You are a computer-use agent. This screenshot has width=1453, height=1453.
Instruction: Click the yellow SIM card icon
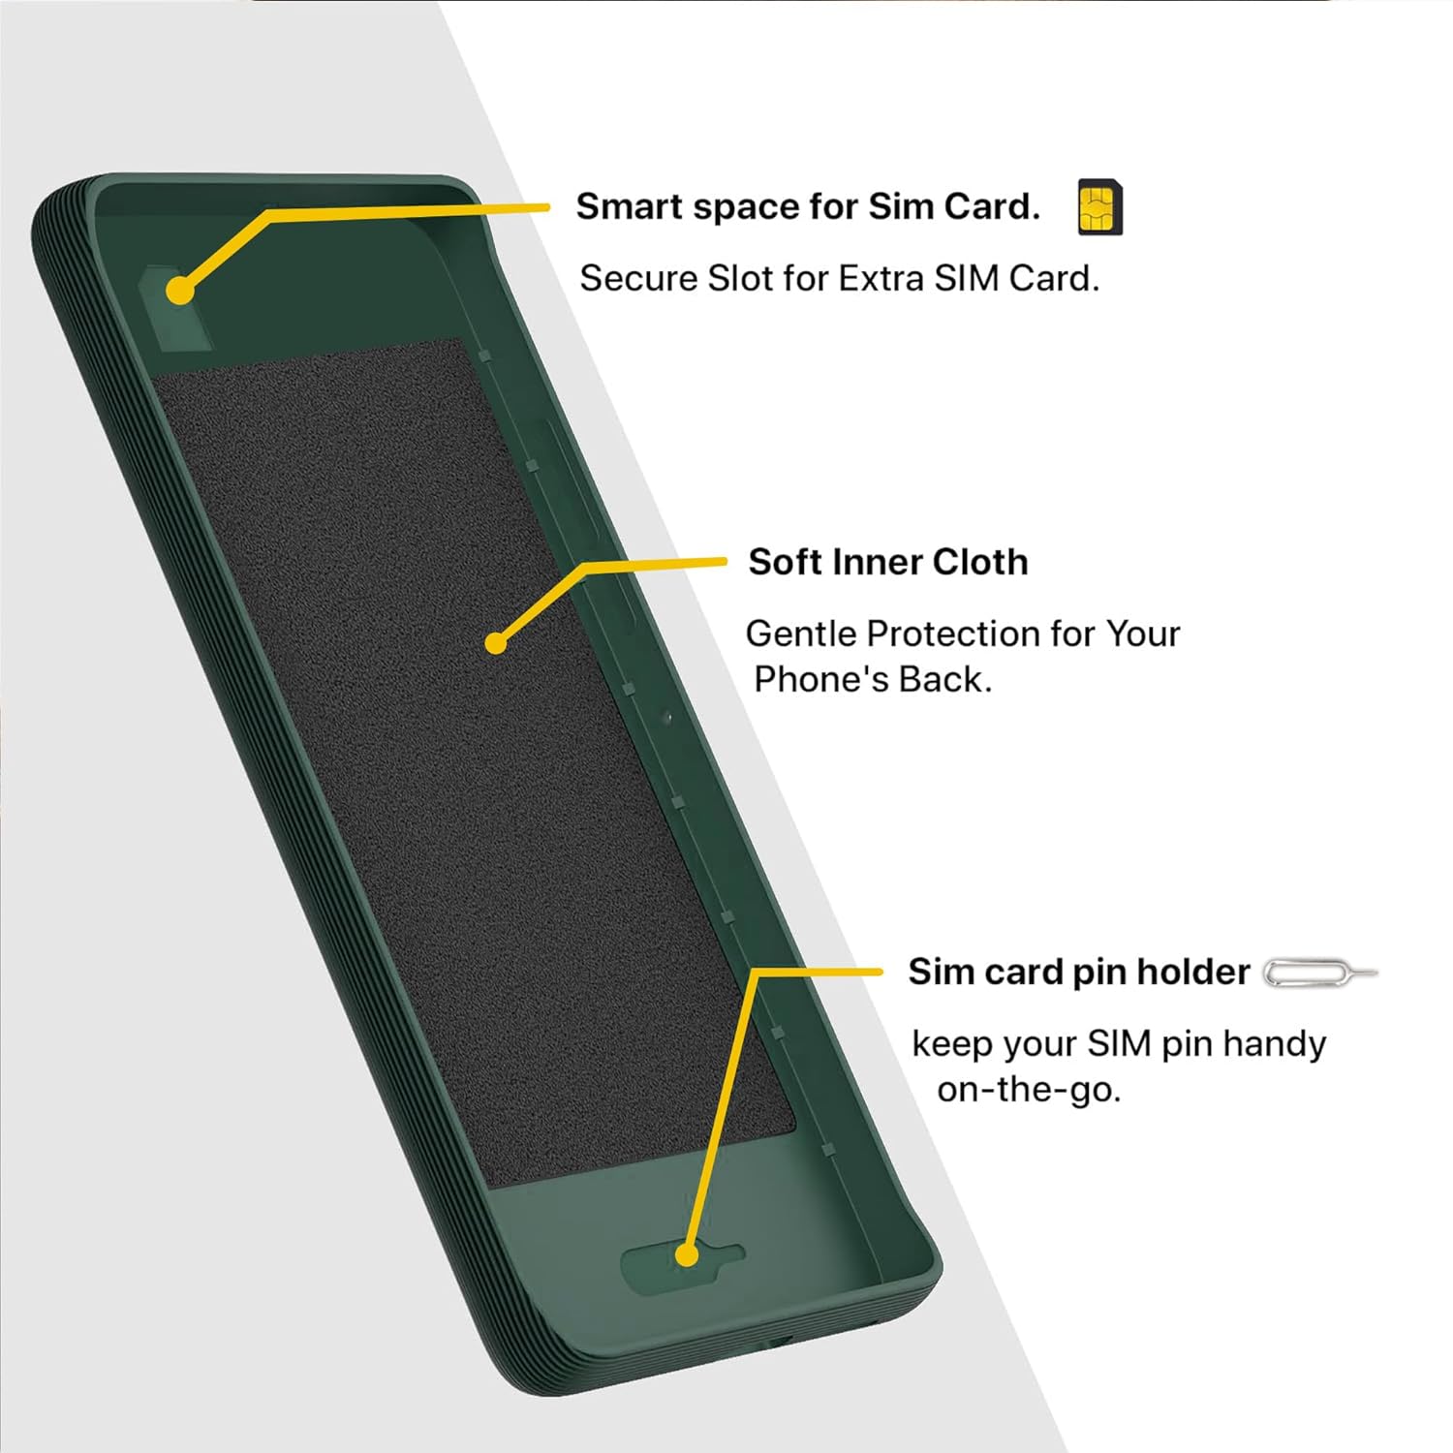tap(1099, 207)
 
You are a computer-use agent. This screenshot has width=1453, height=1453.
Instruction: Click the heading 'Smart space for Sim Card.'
tap(808, 206)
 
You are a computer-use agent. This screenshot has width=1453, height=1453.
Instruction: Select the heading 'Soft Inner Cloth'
tap(887, 562)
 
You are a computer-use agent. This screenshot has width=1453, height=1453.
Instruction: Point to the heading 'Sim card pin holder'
tap(1078, 972)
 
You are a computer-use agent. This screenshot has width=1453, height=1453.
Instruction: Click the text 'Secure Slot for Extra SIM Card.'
tap(839, 279)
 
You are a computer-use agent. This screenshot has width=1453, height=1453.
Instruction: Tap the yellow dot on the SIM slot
tap(179, 290)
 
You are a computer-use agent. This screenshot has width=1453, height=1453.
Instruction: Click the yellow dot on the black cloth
tap(496, 642)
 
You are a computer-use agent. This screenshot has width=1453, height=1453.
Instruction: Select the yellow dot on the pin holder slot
tap(687, 1255)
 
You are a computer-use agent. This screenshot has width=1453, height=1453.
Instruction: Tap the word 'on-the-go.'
tap(1028, 1090)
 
